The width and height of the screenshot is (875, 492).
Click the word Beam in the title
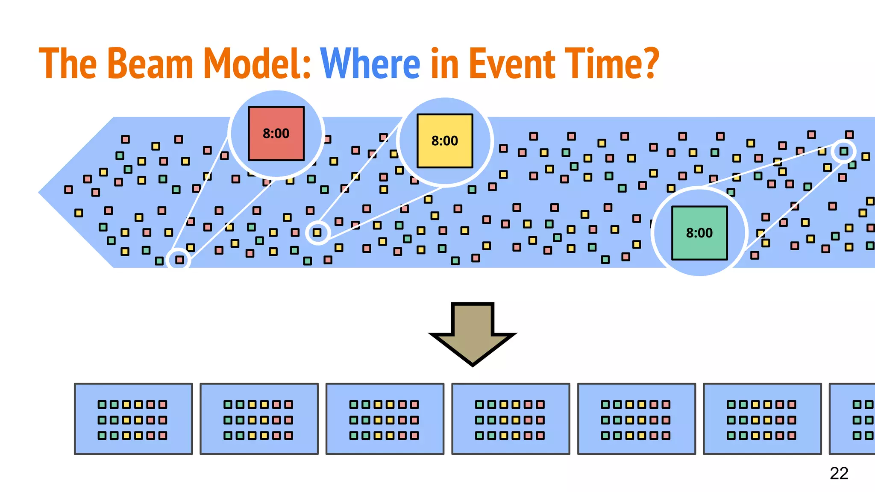[x=151, y=64]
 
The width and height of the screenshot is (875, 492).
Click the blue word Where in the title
[x=370, y=64]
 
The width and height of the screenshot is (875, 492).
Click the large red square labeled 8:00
[x=276, y=134]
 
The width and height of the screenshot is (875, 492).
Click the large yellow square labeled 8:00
[x=445, y=141]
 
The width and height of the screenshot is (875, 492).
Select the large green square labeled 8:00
[x=699, y=233]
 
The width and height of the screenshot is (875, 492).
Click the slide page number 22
[x=839, y=473]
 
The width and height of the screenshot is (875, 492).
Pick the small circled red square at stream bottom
[x=179, y=260]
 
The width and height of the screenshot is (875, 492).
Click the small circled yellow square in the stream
[x=317, y=233]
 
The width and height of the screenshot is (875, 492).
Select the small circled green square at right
[x=844, y=151]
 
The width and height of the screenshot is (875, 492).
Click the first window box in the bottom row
[x=133, y=419]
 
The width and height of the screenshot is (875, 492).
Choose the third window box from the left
[x=385, y=419]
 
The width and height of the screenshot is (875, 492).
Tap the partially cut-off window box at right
[x=853, y=419]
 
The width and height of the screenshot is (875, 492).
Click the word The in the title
[x=68, y=64]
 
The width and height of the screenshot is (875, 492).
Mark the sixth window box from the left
[x=762, y=419]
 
